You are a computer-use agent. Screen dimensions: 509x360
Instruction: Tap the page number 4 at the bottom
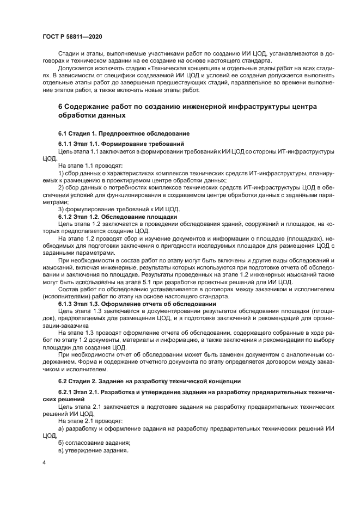44,461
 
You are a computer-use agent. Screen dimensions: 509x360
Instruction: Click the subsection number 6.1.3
68,304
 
